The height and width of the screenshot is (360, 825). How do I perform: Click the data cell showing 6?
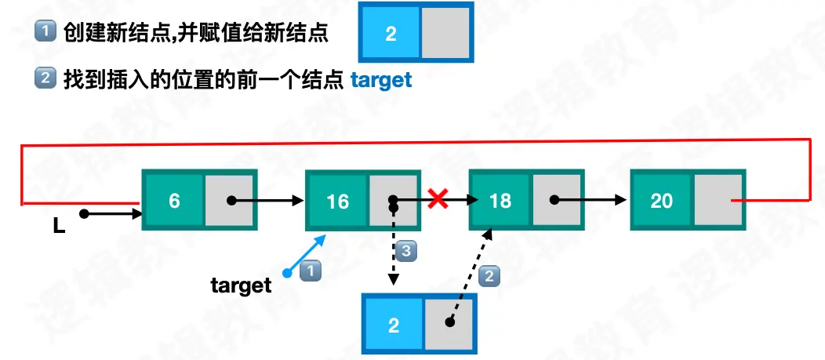(x=174, y=201)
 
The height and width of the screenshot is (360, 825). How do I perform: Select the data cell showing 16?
(x=337, y=202)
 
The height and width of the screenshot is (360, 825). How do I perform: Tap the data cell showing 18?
(x=500, y=201)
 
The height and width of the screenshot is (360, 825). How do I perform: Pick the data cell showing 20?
(x=662, y=201)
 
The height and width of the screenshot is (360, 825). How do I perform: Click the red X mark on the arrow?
(x=438, y=200)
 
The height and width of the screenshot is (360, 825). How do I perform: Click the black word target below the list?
(x=241, y=285)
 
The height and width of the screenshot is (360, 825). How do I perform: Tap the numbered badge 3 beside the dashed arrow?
(x=405, y=251)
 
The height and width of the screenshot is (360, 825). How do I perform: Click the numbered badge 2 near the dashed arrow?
(x=489, y=275)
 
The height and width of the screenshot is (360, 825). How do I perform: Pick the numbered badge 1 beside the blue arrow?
(x=311, y=271)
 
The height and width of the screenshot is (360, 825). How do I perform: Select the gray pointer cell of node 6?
(x=229, y=201)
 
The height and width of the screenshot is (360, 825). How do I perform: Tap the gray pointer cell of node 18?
(x=555, y=201)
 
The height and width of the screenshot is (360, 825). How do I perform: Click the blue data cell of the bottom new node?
(x=393, y=324)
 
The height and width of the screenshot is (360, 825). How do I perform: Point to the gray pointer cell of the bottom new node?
(x=449, y=323)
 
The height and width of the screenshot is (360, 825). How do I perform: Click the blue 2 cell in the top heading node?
(x=391, y=34)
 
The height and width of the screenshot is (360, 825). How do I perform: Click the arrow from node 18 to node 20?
(x=592, y=200)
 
